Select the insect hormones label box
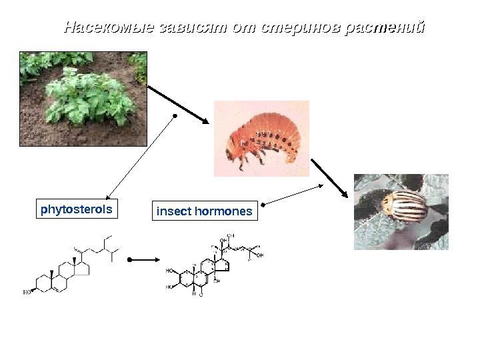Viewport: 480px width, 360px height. [x=204, y=211]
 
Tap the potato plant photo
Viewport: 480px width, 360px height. [x=83, y=98]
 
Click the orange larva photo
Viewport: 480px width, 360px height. [x=261, y=138]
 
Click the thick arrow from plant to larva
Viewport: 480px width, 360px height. [x=178, y=103]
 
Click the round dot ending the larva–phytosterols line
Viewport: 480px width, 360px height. [x=175, y=115]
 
